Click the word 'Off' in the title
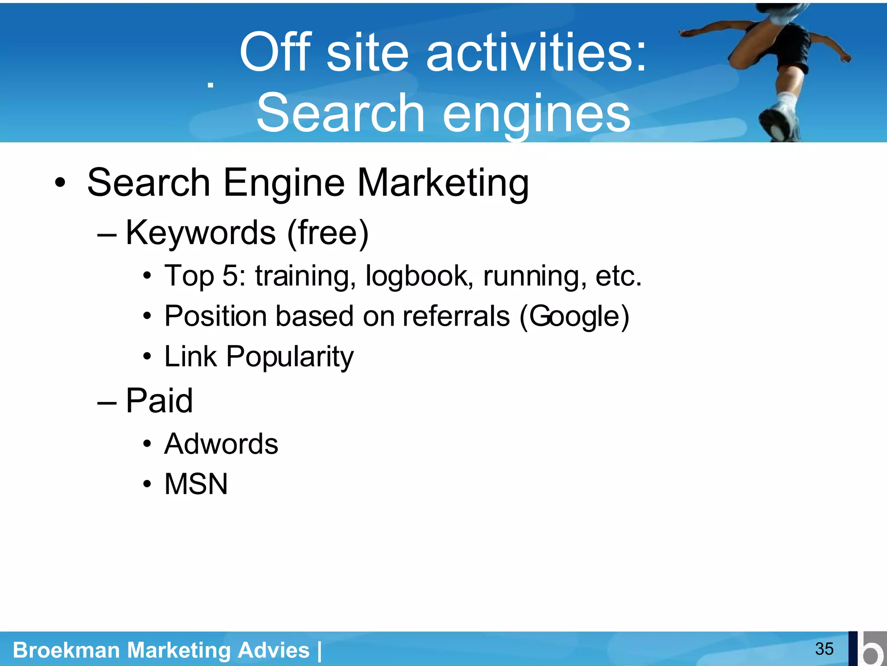point(275,53)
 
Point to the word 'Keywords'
point(201,233)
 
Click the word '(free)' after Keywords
point(328,233)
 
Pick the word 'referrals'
point(456,316)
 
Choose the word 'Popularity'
point(290,356)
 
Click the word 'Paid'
point(159,401)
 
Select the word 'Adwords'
point(221,444)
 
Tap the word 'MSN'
point(196,484)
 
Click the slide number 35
point(824,649)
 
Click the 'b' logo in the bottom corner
point(868,649)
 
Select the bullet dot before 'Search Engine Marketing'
point(60,183)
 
